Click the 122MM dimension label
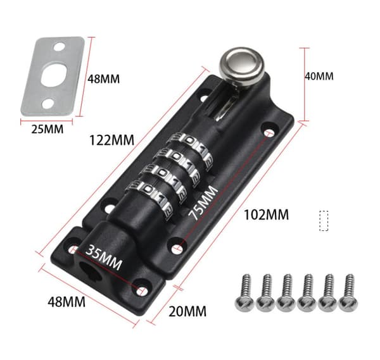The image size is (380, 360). tap(111, 140)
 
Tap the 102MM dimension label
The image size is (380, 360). tap(266, 214)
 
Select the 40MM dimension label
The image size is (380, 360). tap(319, 77)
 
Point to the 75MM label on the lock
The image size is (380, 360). tap(203, 203)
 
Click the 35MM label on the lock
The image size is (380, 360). tap(104, 257)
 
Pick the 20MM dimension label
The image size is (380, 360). tap(187, 311)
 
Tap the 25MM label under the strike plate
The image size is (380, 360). tap(47, 129)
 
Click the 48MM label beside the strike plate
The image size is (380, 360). tap(103, 79)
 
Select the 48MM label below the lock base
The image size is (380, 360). tap(66, 302)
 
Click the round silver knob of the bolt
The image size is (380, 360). tap(242, 65)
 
